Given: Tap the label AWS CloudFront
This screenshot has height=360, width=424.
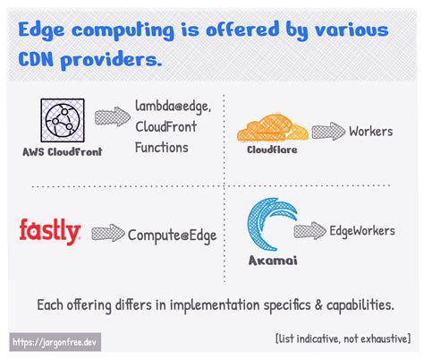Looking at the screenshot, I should tap(63, 151).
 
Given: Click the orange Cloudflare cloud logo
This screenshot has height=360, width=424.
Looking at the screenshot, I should tap(270, 129).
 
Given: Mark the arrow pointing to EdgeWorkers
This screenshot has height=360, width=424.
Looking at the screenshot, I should tap(310, 231).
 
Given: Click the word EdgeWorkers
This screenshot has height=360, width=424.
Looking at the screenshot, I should tap(361, 231).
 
